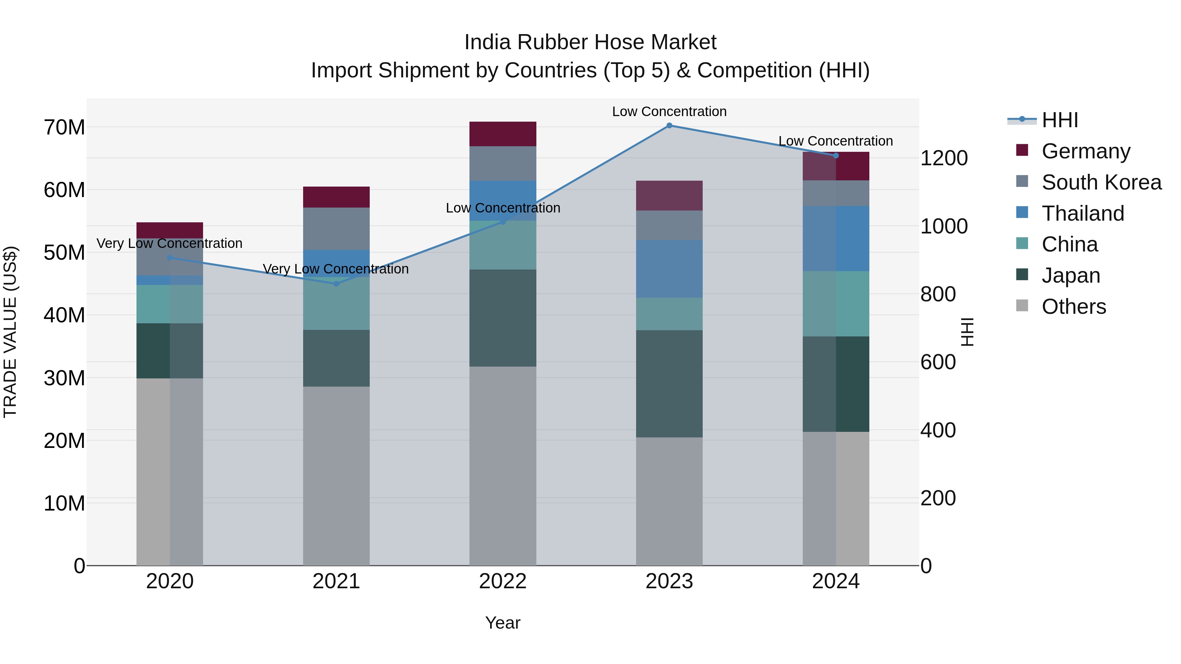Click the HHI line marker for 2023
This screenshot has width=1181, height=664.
pos(669,126)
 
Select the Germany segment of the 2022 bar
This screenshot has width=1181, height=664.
pos(503,134)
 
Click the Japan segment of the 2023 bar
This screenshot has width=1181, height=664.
pos(669,384)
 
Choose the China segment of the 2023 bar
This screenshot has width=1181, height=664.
pos(669,314)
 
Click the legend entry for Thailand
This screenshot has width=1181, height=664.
pos(1083,213)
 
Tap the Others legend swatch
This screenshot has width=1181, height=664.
pos(1022,306)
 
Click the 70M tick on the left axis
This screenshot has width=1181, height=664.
pos(64,128)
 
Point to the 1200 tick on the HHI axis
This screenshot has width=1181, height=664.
pos(944,158)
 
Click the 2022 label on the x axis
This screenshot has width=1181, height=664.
pos(503,581)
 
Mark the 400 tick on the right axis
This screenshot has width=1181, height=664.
pos(938,430)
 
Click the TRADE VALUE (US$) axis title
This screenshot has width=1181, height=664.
pos(10,332)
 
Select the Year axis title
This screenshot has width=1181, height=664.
pos(503,623)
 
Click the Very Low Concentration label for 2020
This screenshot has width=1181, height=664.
pos(169,243)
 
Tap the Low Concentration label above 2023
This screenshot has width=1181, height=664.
pos(669,111)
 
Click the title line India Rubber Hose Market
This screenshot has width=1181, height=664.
pos(590,42)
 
